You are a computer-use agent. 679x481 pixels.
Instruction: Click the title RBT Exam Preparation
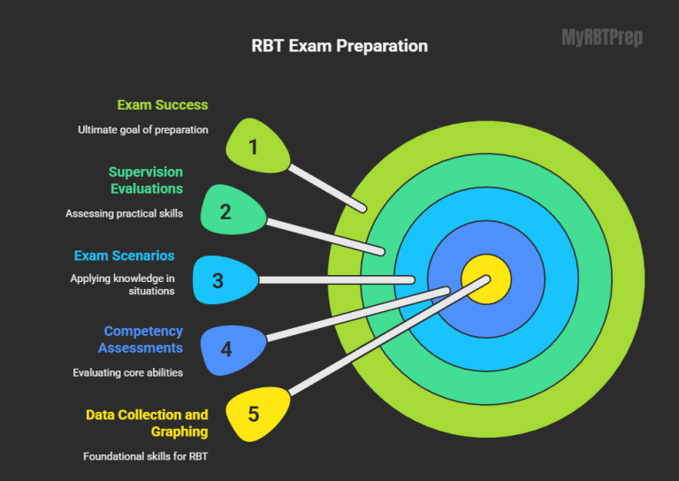[x=339, y=46]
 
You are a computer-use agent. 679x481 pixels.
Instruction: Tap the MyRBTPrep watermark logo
[x=602, y=37]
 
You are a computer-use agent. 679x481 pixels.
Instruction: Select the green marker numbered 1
[x=255, y=146]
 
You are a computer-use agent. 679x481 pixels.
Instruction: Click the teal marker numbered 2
[x=228, y=211]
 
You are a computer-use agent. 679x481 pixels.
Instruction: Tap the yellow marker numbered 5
[x=255, y=414]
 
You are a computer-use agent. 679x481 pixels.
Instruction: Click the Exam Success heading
[x=163, y=104]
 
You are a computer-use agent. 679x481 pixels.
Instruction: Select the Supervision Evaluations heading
[x=146, y=179]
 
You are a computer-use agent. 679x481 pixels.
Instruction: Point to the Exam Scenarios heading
[x=124, y=256]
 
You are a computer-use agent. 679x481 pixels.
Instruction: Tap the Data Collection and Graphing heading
[x=147, y=423]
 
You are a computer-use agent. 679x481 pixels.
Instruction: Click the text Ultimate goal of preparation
[x=142, y=129]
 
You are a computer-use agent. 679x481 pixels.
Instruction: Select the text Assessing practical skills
[x=124, y=213]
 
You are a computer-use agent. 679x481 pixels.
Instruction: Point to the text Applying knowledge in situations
[x=123, y=284]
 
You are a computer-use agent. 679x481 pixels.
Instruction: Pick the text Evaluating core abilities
[x=128, y=372]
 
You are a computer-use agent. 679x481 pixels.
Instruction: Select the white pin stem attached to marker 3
[x=336, y=279]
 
